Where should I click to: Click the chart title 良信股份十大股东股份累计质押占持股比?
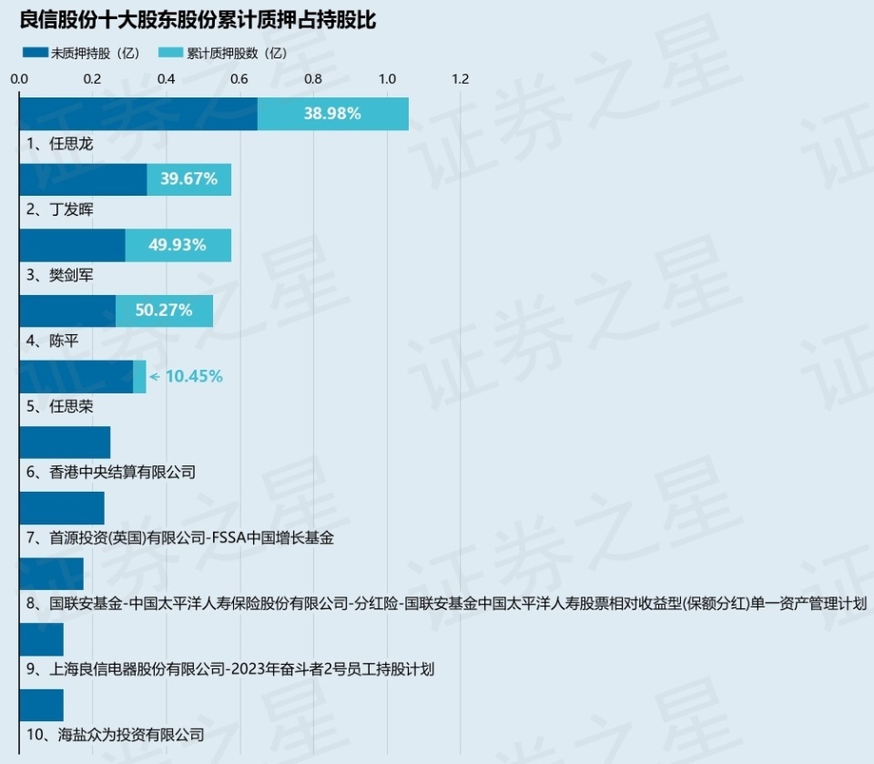coord(198,21)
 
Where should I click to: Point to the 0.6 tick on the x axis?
coord(239,79)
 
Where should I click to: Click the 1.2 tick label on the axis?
coord(460,79)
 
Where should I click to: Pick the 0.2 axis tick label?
coord(92,79)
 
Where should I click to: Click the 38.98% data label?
coord(332,114)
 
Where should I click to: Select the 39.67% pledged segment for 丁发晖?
coord(188,179)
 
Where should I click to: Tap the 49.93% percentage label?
coord(178,245)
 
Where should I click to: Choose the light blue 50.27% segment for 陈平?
coord(164,311)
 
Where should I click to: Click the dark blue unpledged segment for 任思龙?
coord(138,114)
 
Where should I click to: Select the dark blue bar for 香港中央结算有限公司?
coord(65,443)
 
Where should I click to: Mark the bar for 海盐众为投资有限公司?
coord(41,705)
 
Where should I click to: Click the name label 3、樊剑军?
coord(60,274)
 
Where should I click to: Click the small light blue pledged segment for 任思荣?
coord(139,376)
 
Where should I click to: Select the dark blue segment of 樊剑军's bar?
coord(72,245)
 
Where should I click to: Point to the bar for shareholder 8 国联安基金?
coord(51,574)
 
